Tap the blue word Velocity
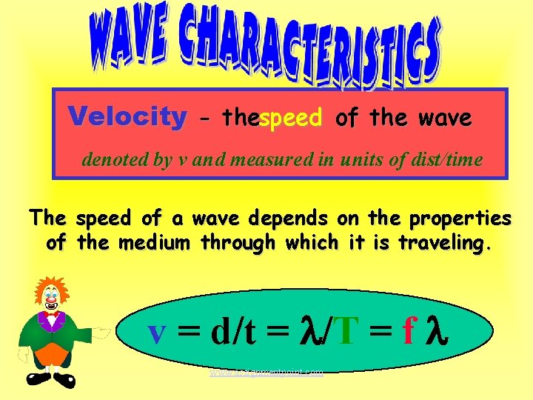coord(127,116)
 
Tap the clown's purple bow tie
coord(52,316)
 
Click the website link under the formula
coord(266,373)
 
